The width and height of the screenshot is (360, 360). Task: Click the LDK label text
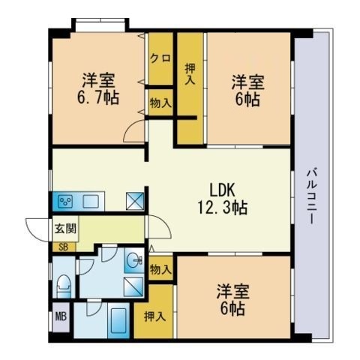(222, 190)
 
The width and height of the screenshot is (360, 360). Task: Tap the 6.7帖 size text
(97, 97)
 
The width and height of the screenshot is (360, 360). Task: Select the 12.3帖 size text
(223, 208)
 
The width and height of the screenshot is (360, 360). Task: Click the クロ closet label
(160, 58)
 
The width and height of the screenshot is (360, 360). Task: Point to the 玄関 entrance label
(65, 229)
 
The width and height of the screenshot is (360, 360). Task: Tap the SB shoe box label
(63, 247)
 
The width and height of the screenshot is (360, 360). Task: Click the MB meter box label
(61, 316)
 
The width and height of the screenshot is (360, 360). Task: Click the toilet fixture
(64, 286)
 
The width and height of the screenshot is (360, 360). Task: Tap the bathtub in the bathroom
(118, 321)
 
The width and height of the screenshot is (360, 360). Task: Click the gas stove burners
(65, 201)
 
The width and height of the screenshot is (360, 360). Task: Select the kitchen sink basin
(91, 202)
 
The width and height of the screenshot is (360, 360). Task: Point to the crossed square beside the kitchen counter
(135, 201)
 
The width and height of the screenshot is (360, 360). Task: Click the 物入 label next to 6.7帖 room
(160, 103)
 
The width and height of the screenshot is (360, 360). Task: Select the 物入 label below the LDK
(160, 269)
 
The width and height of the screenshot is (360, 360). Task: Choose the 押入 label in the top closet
(190, 74)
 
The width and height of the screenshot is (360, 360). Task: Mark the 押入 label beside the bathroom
(154, 316)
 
